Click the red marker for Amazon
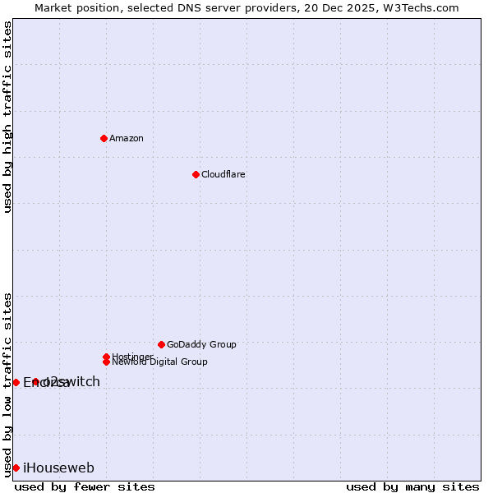click(104, 138)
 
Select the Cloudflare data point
click(196, 174)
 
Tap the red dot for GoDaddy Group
click(161, 344)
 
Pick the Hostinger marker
click(106, 357)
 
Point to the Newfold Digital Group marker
click(106, 362)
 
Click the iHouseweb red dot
click(16, 468)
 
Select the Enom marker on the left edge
click(16, 382)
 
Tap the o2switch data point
click(35, 382)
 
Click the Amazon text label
click(127, 138)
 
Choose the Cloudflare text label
click(223, 174)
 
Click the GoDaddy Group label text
click(201, 344)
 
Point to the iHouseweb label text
click(58, 468)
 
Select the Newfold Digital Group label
click(160, 362)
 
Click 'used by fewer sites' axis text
click(85, 486)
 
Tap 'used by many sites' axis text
click(412, 486)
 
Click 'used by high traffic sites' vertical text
click(7, 117)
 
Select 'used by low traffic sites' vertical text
click(7, 385)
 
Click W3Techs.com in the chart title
click(422, 7)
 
